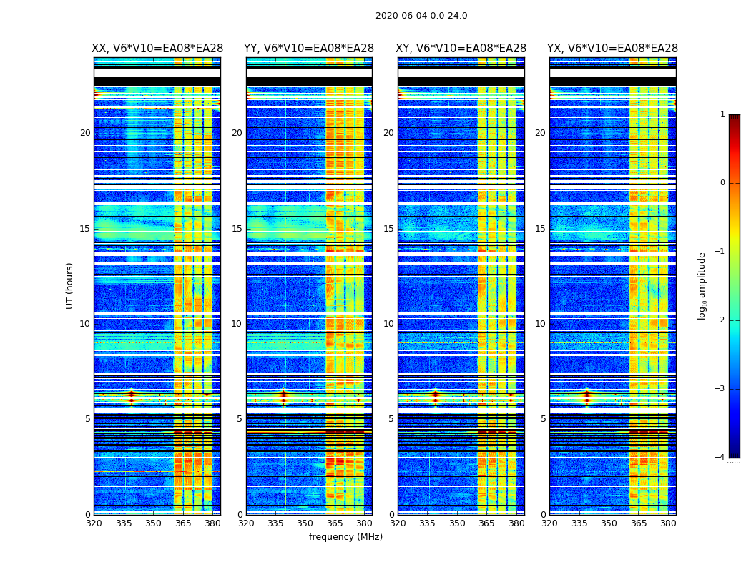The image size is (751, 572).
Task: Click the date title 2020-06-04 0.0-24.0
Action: (421, 16)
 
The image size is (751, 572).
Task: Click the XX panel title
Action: (157, 49)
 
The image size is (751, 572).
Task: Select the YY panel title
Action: (309, 49)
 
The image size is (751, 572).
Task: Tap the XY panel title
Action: (461, 49)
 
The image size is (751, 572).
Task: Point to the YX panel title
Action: (613, 49)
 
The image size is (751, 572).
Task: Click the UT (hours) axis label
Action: (70, 285)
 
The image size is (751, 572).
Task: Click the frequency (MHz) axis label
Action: (345, 537)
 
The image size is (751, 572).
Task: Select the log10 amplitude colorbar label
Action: (702, 285)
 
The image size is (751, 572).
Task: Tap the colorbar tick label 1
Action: (722, 114)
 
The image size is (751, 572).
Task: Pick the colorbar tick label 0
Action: (722, 183)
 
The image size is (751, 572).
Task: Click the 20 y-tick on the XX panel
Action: (85, 133)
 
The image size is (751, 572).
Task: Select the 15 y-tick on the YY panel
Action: (237, 229)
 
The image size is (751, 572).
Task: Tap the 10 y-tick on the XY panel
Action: (388, 324)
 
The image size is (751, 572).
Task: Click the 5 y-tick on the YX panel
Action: (543, 419)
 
